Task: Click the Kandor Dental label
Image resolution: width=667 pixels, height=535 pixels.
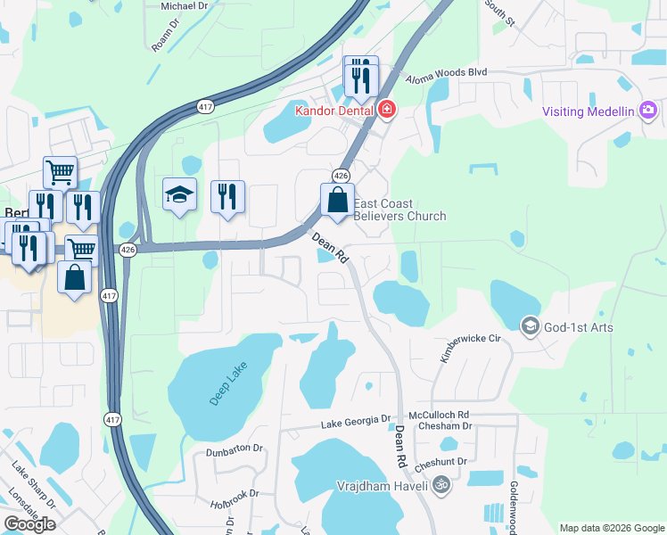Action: (334, 111)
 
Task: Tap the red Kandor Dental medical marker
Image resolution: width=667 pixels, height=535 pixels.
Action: (387, 111)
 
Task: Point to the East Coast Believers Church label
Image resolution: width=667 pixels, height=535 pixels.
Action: (399, 210)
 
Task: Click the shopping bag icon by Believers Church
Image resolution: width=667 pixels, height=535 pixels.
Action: (338, 202)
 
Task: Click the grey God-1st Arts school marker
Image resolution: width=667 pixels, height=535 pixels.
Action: (531, 326)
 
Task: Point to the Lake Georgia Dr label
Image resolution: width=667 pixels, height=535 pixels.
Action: (356, 420)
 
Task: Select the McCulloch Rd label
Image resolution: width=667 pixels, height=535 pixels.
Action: (439, 415)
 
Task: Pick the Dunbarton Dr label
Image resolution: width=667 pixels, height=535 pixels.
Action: (236, 449)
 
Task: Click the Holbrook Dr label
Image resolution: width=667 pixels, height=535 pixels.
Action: (234, 493)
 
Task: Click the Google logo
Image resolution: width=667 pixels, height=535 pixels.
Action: (29, 524)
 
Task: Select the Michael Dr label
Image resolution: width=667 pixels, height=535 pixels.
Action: (185, 5)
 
